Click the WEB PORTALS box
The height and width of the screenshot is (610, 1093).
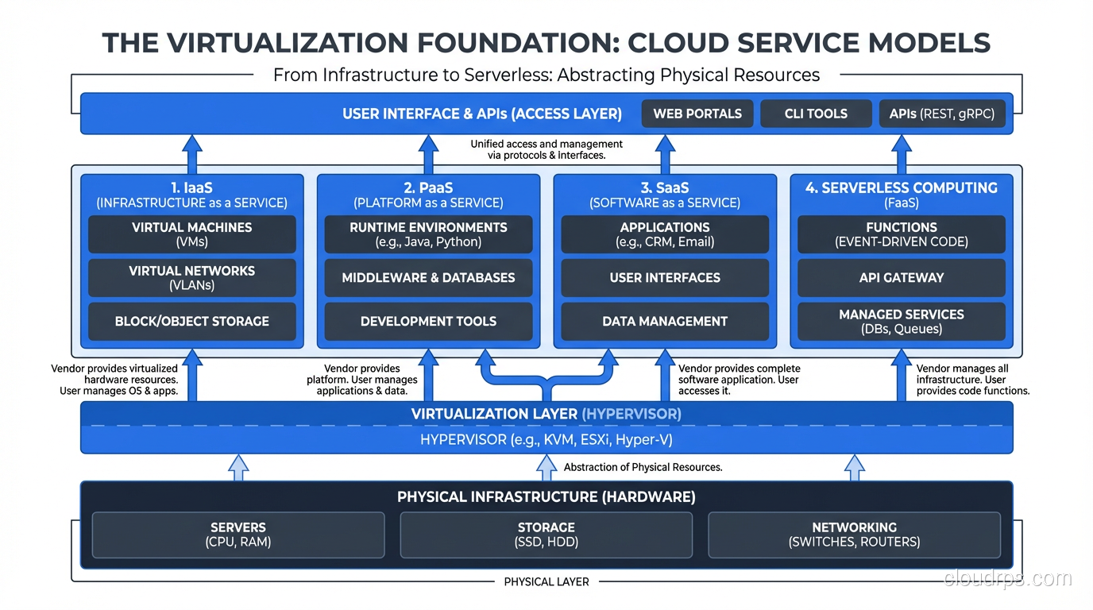[x=697, y=114]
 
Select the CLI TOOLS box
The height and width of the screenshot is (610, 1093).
[x=816, y=114]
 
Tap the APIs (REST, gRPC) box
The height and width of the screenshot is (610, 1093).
[x=941, y=114]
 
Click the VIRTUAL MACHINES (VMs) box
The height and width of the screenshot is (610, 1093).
[x=191, y=234]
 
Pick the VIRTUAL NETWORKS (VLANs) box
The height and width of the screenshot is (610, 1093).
[x=191, y=278]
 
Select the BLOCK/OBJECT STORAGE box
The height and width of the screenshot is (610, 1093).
[x=191, y=322]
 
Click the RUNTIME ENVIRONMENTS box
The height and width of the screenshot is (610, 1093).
[x=428, y=234]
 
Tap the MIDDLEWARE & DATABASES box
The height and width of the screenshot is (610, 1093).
[x=428, y=278]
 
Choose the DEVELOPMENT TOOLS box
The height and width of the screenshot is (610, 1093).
[x=428, y=322]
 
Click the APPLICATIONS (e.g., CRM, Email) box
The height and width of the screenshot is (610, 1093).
[x=665, y=234]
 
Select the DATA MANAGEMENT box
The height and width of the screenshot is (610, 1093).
[x=665, y=322]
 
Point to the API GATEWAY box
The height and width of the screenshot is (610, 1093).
[x=902, y=278]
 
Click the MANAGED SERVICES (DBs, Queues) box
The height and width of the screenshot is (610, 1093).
[x=902, y=322]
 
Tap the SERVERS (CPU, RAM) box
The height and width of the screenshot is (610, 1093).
[x=238, y=535]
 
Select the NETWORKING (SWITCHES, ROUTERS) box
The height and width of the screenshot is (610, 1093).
[x=854, y=535]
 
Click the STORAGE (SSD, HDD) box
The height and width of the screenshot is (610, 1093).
[x=546, y=535]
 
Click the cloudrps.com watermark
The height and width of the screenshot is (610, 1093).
[x=1007, y=579]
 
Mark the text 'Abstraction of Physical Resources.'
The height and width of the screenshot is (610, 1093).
[x=643, y=467]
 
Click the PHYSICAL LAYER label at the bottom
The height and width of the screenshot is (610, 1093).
[x=546, y=582]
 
